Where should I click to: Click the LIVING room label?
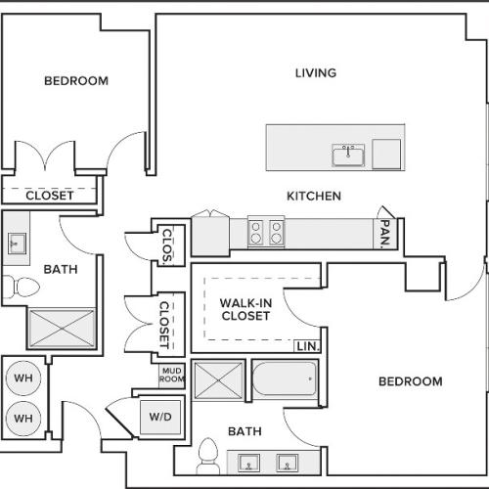coord(315,72)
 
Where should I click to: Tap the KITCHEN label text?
coord(313,196)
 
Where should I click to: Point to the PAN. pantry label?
coord(385,232)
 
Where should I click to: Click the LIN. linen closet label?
coord(307,346)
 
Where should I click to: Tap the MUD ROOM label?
coord(172,376)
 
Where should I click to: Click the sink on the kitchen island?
coord(347,155)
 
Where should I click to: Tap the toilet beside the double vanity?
coord(207,455)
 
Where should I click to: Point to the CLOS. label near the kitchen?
coord(167,245)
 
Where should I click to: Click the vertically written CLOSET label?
coord(165,324)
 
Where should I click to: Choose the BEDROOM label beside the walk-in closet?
coord(410,381)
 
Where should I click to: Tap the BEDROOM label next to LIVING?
coord(76,80)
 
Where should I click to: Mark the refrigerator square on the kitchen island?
coord(386,153)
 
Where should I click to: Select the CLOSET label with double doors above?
coord(49,195)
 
